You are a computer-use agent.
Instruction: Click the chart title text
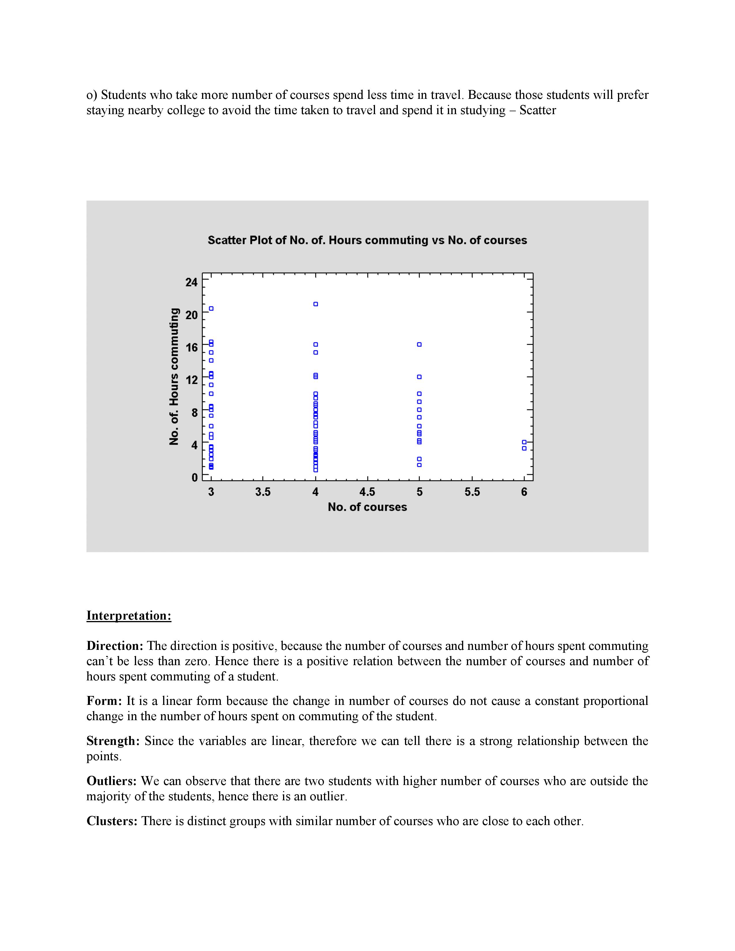[367, 240]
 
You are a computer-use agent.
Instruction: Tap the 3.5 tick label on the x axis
[263, 492]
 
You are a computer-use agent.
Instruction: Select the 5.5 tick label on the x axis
[472, 492]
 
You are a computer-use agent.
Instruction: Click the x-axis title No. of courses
[367, 507]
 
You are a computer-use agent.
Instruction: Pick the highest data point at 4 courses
[316, 304]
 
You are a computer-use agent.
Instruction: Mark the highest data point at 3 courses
[211, 309]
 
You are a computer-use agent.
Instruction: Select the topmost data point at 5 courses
[419, 344]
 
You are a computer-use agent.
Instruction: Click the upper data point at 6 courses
[524, 442]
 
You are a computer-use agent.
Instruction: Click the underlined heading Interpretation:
[129, 616]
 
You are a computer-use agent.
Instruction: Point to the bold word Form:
[105, 701]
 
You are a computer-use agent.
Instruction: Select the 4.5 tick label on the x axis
[367, 492]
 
